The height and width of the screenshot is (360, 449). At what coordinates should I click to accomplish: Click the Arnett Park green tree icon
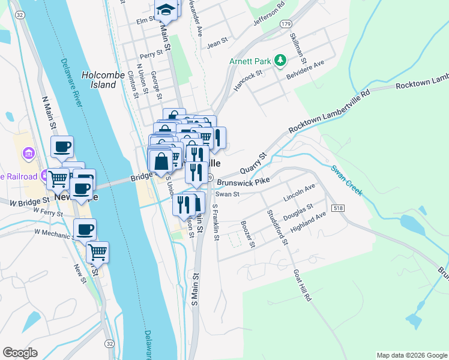pyautogui.click(x=279, y=61)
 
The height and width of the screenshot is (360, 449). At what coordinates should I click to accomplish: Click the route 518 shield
pyautogui.click(x=340, y=208)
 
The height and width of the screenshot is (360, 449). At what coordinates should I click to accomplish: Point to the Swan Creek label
pyautogui.click(x=347, y=179)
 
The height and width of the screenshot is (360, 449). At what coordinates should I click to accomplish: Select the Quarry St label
pyautogui.click(x=253, y=164)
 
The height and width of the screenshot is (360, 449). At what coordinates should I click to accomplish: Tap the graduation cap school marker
pyautogui.click(x=165, y=9)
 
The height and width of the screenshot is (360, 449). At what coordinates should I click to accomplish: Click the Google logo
pyautogui.click(x=20, y=353)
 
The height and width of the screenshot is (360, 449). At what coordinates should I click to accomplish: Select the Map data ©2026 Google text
pyautogui.click(x=411, y=355)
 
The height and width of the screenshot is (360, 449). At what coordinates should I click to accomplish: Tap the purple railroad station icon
pyautogui.click(x=44, y=176)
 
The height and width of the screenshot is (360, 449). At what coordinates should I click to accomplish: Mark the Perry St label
pyautogui.click(x=151, y=54)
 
